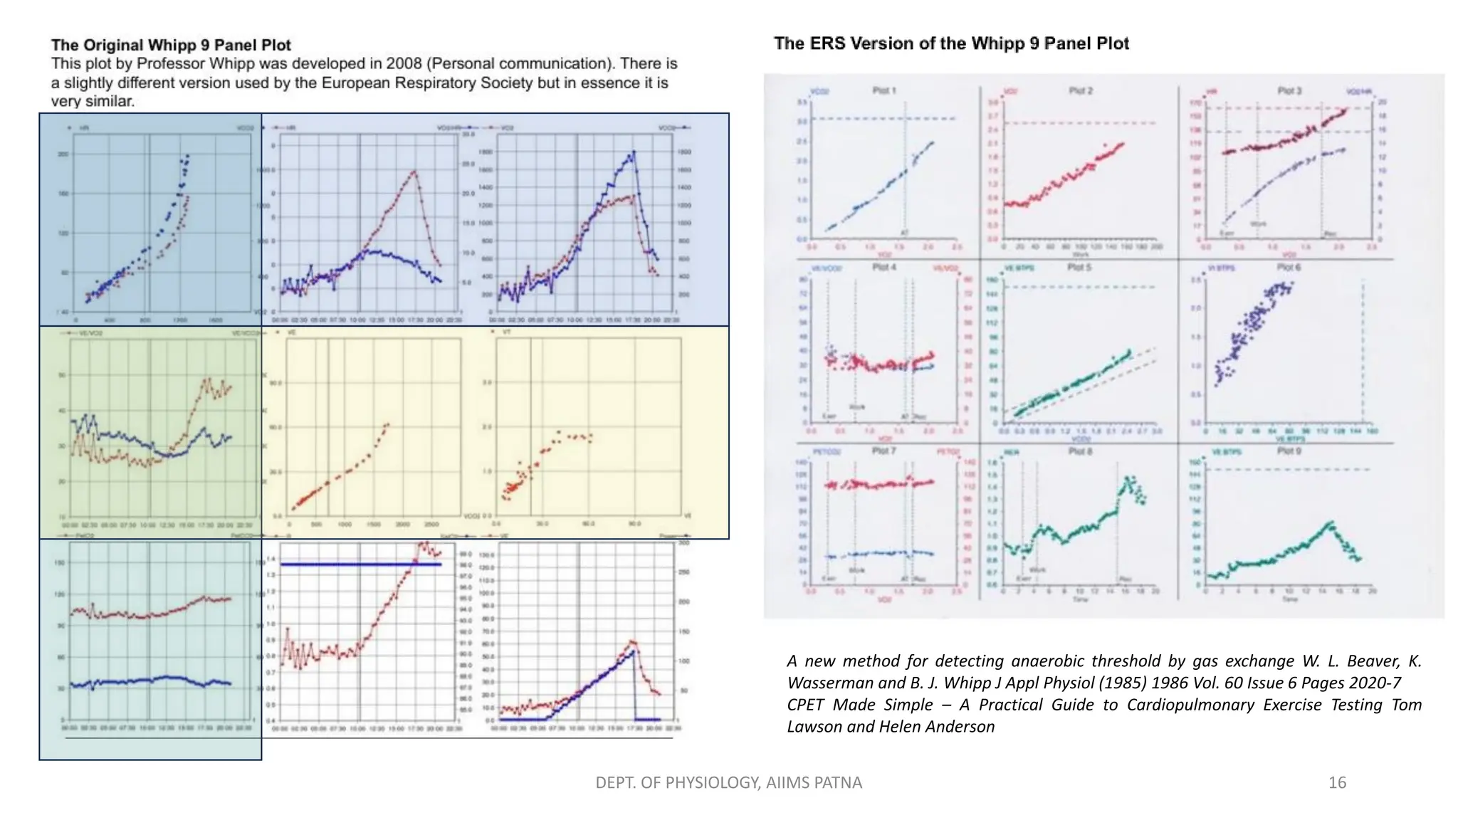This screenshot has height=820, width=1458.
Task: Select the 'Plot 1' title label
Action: click(883, 90)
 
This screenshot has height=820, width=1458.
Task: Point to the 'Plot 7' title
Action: click(883, 451)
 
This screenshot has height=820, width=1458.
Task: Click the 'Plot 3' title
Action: click(1289, 90)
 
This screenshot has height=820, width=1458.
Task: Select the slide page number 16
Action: click(1337, 783)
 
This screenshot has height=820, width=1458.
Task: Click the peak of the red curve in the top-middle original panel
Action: click(414, 172)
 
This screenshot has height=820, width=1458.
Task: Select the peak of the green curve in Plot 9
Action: click(1330, 523)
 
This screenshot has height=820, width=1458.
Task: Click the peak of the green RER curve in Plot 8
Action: click(1127, 479)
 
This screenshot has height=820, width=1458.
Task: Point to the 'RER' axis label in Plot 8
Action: click(1011, 452)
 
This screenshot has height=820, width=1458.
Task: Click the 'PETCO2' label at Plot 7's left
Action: click(826, 452)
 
